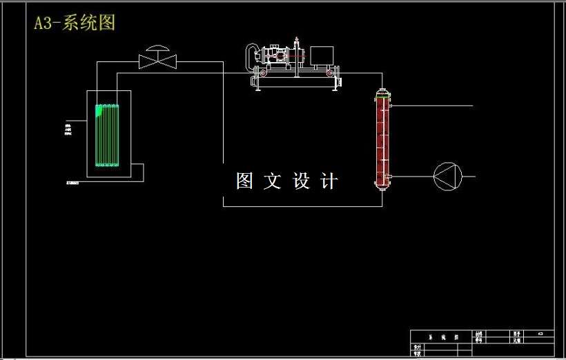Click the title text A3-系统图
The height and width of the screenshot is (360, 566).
[75, 23]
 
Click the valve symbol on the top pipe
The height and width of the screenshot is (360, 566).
[158, 62]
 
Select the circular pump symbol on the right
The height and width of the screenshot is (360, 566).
[445, 176]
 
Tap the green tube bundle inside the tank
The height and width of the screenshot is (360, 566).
[108, 135]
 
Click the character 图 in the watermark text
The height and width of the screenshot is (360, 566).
[245, 181]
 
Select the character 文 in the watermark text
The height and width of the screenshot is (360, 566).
[273, 181]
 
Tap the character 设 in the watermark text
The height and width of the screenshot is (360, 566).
[302, 181]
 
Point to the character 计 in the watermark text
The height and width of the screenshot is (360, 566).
[330, 181]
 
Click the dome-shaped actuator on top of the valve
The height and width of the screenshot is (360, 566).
[158, 49]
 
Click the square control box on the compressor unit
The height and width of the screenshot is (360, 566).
[322, 55]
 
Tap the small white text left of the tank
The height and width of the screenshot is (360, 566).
[68, 128]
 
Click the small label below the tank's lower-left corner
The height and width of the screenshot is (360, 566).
[72, 183]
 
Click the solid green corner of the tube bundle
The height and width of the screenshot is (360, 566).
[100, 109]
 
